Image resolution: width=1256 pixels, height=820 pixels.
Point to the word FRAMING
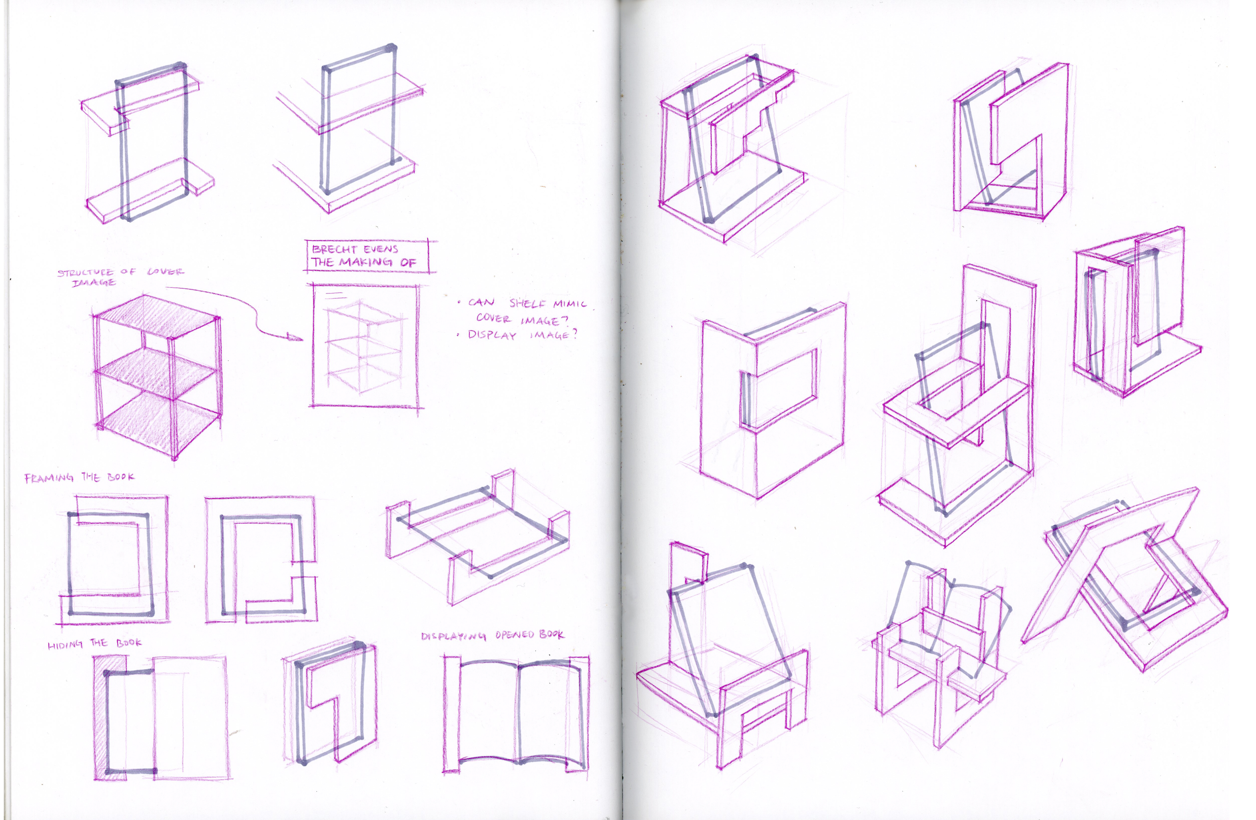coord(49,478)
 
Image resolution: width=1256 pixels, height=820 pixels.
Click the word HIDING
coord(65,645)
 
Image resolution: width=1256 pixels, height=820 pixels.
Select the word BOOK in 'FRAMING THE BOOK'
coord(121,477)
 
